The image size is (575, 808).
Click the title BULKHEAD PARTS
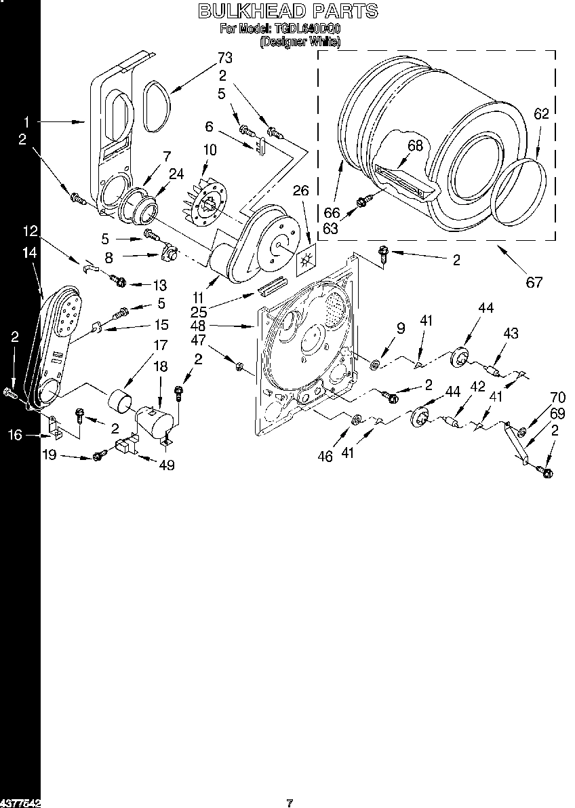click(x=287, y=10)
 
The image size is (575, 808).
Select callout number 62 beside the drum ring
click(x=540, y=114)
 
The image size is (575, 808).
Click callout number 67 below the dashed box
click(x=534, y=282)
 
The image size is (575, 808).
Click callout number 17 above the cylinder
click(x=160, y=345)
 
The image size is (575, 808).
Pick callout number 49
click(x=165, y=465)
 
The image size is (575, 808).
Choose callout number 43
click(x=510, y=333)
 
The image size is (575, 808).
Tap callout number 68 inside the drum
click(x=415, y=146)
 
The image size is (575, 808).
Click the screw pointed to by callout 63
click(x=362, y=200)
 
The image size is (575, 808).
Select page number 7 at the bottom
click(x=290, y=803)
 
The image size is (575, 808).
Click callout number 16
click(x=16, y=435)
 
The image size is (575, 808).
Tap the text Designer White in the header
click(x=300, y=41)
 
